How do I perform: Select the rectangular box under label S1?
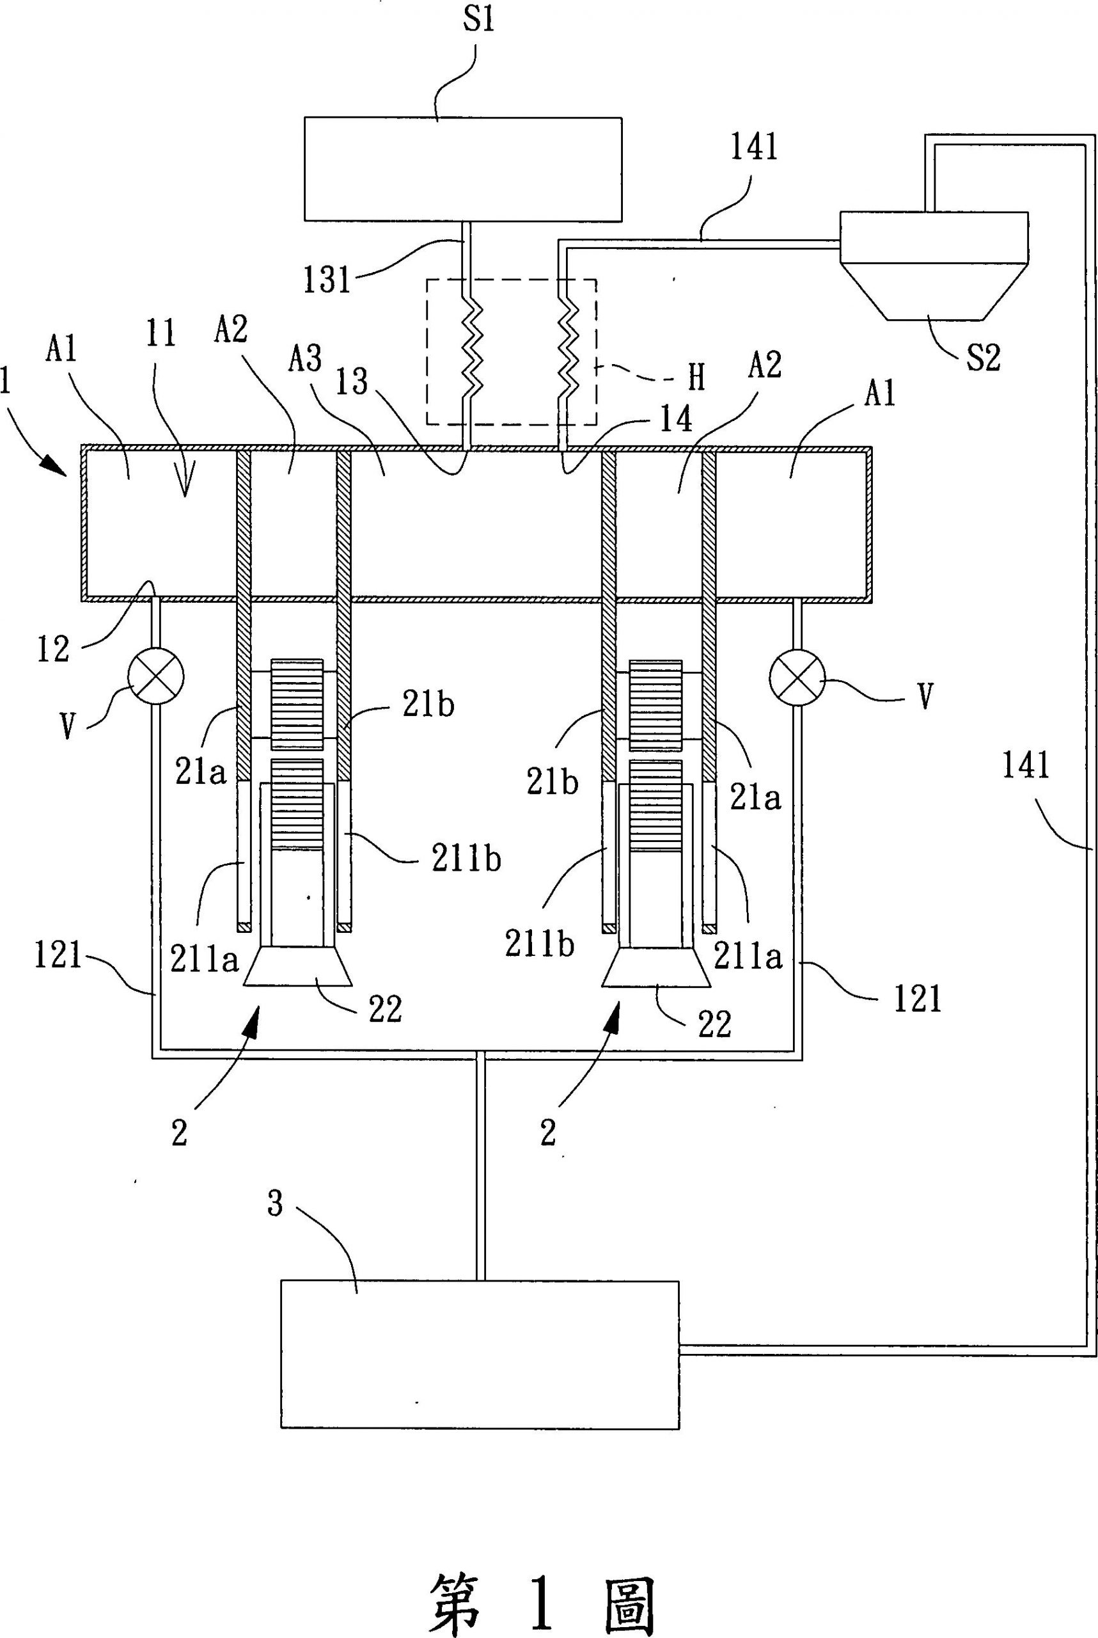[x=463, y=169]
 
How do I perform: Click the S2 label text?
[x=983, y=357]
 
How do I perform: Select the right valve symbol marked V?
[x=797, y=677]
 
